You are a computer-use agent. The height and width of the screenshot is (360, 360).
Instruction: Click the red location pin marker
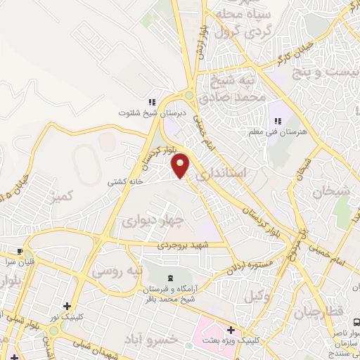pyautogui.click(x=181, y=165)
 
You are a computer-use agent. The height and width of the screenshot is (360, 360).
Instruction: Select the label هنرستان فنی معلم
pyautogui.click(x=275, y=131)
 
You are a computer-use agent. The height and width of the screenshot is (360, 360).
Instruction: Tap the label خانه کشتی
pyautogui.click(x=125, y=181)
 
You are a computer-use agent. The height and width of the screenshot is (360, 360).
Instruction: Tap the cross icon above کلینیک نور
pyautogui.click(x=67, y=306)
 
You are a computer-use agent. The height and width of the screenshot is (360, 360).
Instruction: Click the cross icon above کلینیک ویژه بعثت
pyautogui.click(x=230, y=329)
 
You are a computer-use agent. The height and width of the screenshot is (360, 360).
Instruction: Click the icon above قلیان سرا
pyautogui.click(x=20, y=250)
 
